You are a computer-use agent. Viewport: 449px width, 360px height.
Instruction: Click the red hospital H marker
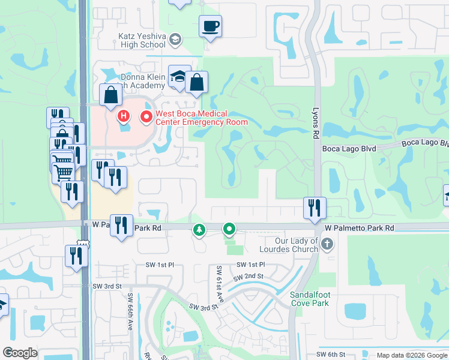(124, 115)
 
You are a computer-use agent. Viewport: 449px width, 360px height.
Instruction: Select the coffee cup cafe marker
(210, 26)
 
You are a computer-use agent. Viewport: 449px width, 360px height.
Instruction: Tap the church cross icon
(327, 244)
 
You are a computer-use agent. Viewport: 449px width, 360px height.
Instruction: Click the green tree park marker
(199, 230)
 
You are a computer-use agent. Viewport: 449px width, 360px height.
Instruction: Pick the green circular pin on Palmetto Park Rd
(229, 229)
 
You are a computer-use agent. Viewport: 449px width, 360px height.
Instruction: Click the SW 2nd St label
(249, 277)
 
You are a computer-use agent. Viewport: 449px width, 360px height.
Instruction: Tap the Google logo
(20, 353)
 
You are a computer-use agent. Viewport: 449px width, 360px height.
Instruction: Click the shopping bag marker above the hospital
(111, 95)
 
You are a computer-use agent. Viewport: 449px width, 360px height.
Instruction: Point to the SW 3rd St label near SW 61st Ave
(202, 307)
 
